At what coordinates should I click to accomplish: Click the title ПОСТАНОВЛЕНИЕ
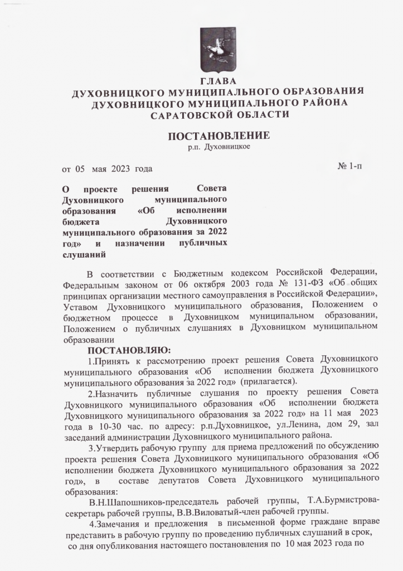(219, 136)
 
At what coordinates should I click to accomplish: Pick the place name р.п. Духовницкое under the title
(219, 147)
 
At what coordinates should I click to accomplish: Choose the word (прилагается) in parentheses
(268, 381)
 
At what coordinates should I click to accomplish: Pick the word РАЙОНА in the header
(321, 104)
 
